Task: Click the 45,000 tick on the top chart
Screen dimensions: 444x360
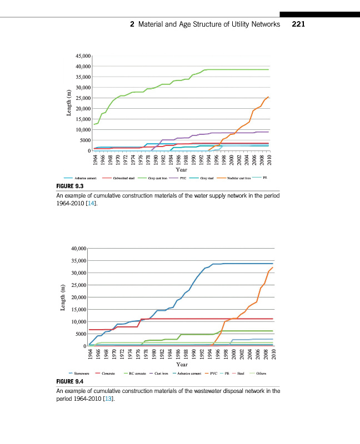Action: (82, 56)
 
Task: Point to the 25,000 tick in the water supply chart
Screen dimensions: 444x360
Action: (82, 98)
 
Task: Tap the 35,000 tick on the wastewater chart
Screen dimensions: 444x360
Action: (79, 260)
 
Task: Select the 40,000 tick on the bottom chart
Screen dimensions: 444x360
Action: (79, 248)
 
